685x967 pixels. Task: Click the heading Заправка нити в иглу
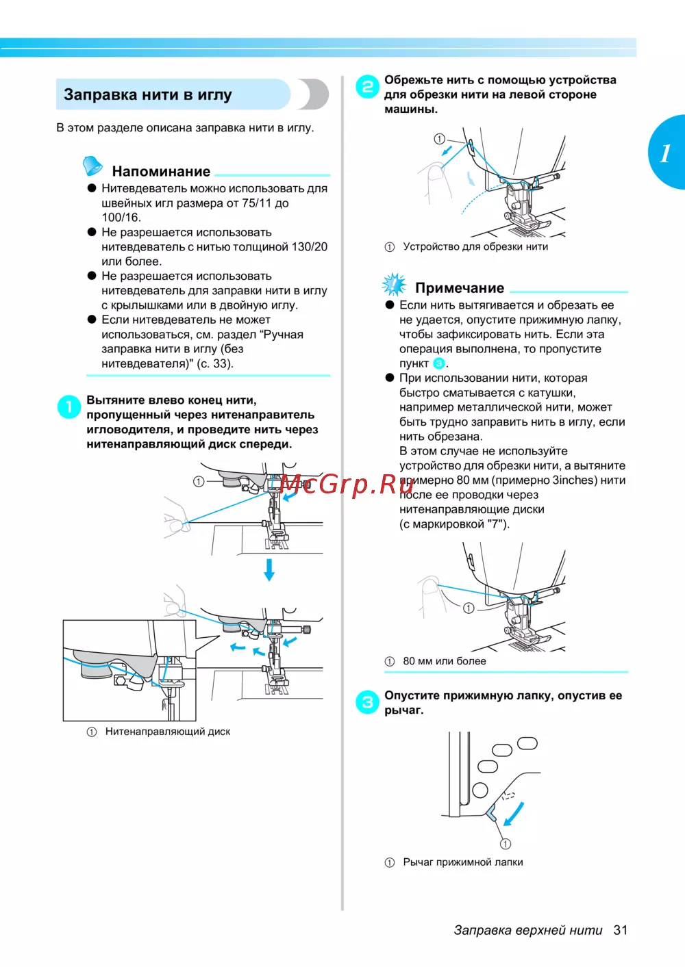(148, 94)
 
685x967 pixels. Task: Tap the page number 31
(621, 930)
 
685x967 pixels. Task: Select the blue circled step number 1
(68, 407)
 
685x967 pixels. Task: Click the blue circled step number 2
(368, 87)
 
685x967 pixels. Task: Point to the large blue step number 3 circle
(368, 702)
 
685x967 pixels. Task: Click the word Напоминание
(161, 171)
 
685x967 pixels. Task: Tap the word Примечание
(460, 288)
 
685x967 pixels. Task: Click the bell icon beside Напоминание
(92, 166)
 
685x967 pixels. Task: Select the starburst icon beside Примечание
(394, 284)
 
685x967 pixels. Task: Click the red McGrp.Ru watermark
(347, 485)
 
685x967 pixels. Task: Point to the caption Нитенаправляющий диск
(167, 732)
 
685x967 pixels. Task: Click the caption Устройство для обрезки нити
(475, 246)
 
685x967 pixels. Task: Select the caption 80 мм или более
(445, 661)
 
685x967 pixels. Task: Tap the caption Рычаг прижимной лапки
(463, 862)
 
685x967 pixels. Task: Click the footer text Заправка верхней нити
(528, 930)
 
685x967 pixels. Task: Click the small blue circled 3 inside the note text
(439, 363)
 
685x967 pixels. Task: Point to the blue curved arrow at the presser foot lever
(514, 814)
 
